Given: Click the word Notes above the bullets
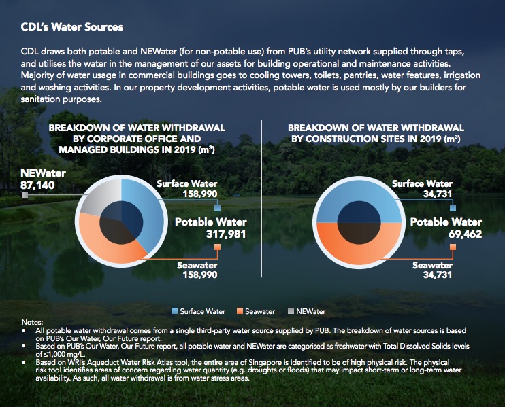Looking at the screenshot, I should point(32,322).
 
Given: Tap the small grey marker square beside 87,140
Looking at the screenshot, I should point(25,194).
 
